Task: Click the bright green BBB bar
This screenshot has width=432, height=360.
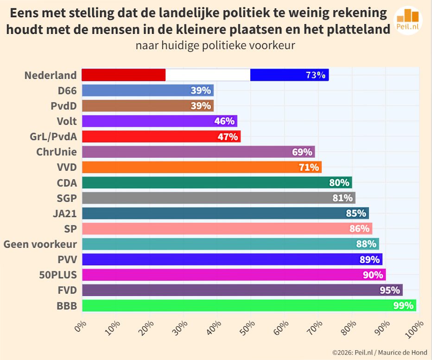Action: pos(249,305)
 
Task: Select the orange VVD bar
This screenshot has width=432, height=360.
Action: pos(202,167)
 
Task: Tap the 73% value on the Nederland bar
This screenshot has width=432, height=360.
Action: pos(315,75)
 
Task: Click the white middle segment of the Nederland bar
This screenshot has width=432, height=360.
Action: pos(208,75)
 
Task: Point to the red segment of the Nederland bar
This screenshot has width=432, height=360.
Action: pos(123,75)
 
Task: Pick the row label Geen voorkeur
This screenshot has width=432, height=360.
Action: pos(40,244)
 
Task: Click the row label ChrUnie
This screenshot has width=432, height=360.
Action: pos(56,152)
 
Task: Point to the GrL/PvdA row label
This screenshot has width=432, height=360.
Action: pos(53,136)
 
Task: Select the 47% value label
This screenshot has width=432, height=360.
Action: pos(228,137)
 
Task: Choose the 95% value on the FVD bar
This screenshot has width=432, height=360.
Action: pos(389,290)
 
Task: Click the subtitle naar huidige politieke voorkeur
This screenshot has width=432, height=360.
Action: pos(216,46)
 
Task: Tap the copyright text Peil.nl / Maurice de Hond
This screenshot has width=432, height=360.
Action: pos(380,353)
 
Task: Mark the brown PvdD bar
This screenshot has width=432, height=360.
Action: pos(147,106)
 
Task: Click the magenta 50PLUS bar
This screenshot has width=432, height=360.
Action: pos(234,275)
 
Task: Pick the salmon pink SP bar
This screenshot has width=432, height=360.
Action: pos(227,229)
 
